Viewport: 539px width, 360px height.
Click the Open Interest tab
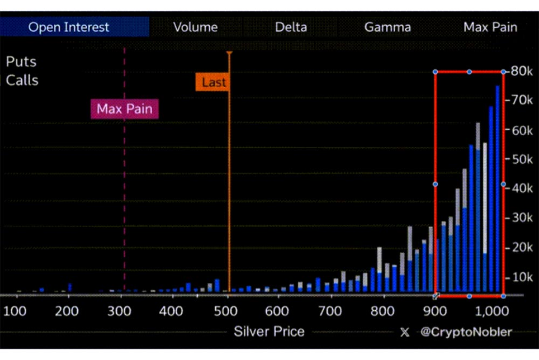click(69, 27)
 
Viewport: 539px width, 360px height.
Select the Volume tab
click(195, 27)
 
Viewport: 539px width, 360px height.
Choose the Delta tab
click(291, 27)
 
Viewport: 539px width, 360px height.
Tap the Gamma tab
click(387, 27)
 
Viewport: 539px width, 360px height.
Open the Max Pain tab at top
click(490, 27)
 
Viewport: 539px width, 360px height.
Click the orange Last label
click(214, 83)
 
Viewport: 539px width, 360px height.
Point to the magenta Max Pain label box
click(125, 109)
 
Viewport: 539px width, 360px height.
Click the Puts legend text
click(21, 61)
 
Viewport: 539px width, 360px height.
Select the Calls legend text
click(22, 80)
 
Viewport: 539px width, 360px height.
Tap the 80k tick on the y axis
click(521, 72)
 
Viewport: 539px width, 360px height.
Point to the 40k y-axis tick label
click(521, 188)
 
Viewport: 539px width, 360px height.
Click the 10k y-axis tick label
click(521, 277)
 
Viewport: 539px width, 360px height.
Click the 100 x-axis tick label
click(16, 311)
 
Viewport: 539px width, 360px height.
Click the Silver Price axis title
click(269, 331)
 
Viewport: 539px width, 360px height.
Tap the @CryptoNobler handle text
click(466, 332)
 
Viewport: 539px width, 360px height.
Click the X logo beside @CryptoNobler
click(405, 332)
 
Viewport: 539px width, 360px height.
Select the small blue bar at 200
click(70, 287)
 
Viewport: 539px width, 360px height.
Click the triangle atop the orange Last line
click(229, 53)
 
